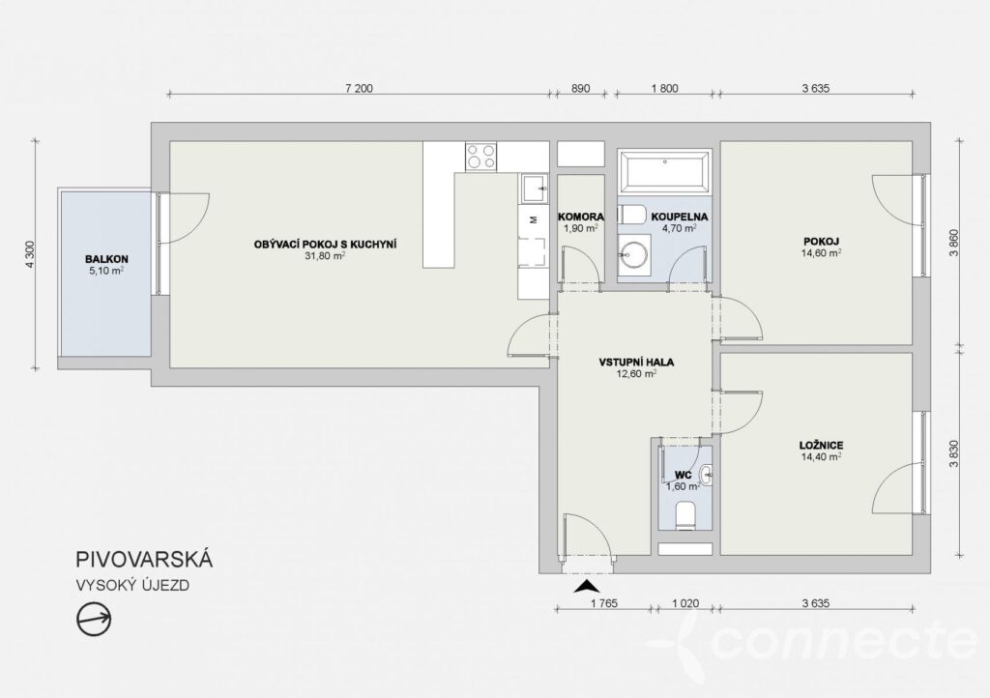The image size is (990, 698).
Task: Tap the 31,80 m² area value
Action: point(325,256)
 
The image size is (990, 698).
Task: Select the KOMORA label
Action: point(581,217)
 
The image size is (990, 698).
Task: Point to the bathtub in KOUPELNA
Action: point(664,170)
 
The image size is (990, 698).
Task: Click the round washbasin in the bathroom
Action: point(633,254)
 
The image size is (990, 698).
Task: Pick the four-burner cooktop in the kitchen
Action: point(481,156)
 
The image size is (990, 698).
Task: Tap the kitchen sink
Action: point(535,189)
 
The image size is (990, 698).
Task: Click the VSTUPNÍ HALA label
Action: point(636,363)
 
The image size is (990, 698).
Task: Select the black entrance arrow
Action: point(585,586)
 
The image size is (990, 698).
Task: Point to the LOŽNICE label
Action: point(821,446)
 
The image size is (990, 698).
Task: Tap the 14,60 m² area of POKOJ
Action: point(821,252)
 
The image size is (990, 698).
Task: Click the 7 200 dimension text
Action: point(360,88)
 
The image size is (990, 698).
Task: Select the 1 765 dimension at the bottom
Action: point(603,603)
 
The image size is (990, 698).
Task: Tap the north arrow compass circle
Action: point(94,619)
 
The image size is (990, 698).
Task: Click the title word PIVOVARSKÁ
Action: point(145,560)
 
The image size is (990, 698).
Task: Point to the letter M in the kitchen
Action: point(534,219)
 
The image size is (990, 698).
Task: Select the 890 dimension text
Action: point(580,88)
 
